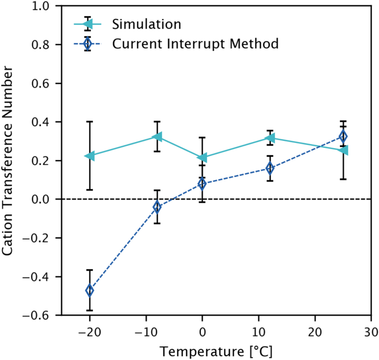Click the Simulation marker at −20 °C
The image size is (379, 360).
coord(89,156)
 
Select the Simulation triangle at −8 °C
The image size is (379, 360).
coord(157,136)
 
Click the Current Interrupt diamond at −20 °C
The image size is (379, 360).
coord(89,291)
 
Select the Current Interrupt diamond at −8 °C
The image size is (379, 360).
coord(157,207)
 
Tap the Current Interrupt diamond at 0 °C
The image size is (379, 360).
coord(202,184)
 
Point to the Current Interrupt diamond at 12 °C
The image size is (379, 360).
coord(269,168)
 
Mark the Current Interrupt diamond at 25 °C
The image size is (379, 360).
coord(343,136)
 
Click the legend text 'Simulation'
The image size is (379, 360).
coord(146,25)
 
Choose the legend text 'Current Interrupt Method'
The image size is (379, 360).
coord(195,44)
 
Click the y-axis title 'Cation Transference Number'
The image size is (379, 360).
coord(10,161)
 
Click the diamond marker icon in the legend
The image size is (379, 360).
coord(88,44)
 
